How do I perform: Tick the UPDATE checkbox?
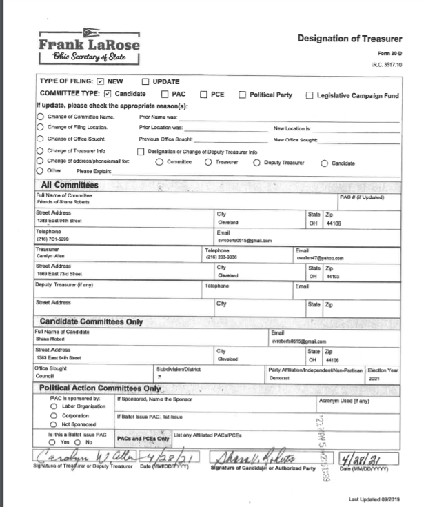145,81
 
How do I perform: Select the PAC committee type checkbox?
165,94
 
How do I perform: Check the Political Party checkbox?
243,94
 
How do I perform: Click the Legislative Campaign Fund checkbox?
310,95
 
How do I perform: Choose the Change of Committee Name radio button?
39,117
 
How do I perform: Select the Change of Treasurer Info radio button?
39,151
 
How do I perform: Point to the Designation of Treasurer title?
349,39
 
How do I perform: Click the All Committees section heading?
70,185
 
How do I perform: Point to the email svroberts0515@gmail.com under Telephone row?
244,240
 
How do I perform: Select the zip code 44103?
332,275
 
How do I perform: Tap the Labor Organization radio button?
54,408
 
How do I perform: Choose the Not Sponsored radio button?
54,424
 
